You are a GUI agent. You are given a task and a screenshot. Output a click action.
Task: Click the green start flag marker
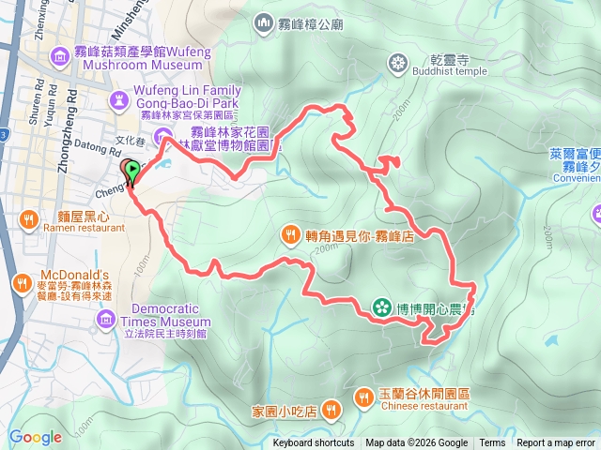pos(132,170)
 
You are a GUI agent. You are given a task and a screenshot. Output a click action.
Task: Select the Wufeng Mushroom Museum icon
pos(62,58)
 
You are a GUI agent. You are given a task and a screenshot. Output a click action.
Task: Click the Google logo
pos(36,437)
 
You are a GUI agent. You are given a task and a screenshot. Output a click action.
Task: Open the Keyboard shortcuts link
pos(314,443)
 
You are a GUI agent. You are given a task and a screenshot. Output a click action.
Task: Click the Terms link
pos(492,443)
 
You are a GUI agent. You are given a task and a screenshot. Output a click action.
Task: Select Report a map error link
pos(558,443)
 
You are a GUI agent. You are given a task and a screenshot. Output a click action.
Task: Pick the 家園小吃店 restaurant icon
pos(330,410)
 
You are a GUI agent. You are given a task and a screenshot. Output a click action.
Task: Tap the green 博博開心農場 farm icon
pos(381,307)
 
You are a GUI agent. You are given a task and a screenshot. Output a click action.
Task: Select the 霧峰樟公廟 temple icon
pos(262,22)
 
